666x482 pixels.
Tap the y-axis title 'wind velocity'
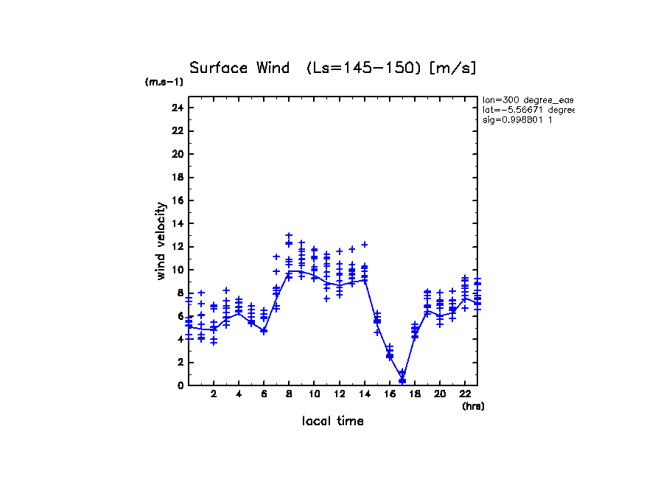(x=161, y=242)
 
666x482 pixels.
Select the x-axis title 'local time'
(x=332, y=422)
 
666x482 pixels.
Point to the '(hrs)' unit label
(x=473, y=406)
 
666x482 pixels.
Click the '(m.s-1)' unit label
(x=164, y=83)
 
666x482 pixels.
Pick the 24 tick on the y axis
(x=177, y=108)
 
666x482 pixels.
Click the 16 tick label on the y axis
(x=177, y=200)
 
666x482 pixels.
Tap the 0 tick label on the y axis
(x=180, y=385)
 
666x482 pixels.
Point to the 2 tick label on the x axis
(x=214, y=394)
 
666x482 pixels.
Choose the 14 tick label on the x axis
(x=364, y=394)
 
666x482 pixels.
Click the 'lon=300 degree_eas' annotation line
(x=527, y=99)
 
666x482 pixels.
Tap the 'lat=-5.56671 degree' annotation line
(x=527, y=110)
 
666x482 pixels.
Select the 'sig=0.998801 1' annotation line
(x=518, y=120)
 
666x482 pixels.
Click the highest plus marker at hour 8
(x=289, y=236)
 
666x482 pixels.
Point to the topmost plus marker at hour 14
(x=364, y=244)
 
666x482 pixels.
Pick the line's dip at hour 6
(x=264, y=331)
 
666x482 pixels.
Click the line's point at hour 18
(x=415, y=335)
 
